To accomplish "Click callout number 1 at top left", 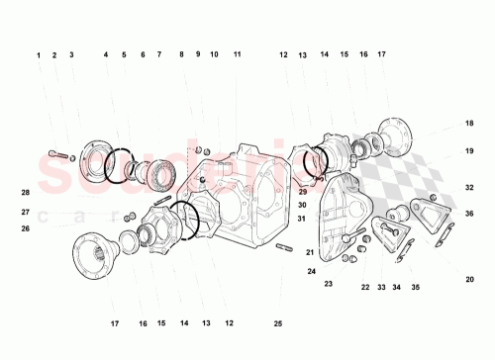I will point(40,55).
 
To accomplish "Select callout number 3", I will point(71,55).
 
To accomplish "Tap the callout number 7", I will point(158,55).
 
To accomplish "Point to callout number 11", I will point(238,55).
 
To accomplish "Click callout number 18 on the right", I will point(469,124).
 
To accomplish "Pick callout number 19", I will point(469,151).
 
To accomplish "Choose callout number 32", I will point(469,187).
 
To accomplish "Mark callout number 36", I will point(469,214).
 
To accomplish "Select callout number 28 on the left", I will point(26,192).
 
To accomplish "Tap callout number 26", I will point(26,228).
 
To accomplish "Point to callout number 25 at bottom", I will point(278,323).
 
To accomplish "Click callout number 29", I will point(302,191).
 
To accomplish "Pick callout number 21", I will point(310,252).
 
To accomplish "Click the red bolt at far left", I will point(58,154).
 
